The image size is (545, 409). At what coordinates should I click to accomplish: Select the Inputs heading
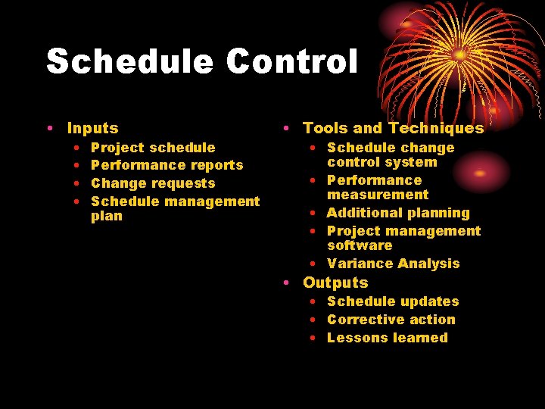click(92, 129)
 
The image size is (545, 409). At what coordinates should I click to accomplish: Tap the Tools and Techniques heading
click(393, 129)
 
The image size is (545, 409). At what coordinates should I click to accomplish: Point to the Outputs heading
click(335, 283)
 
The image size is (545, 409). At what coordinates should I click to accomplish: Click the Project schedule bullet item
click(152, 148)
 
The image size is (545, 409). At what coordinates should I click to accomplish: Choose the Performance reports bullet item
click(167, 165)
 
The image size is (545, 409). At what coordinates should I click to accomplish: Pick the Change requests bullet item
click(152, 183)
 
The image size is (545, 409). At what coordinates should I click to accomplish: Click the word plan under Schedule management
click(106, 216)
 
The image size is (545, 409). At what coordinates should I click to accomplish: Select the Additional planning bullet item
click(397, 213)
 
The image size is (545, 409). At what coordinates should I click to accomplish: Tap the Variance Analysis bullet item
click(393, 264)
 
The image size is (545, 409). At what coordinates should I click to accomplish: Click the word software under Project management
click(360, 245)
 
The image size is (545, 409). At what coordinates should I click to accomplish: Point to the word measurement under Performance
click(377, 195)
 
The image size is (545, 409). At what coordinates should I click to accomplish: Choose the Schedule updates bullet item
click(392, 301)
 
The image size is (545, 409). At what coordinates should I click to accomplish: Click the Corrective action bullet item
click(391, 320)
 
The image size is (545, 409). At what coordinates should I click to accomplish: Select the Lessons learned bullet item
click(387, 338)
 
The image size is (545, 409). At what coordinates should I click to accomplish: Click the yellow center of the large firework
click(458, 55)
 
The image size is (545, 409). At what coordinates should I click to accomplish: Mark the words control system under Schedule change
click(381, 162)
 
